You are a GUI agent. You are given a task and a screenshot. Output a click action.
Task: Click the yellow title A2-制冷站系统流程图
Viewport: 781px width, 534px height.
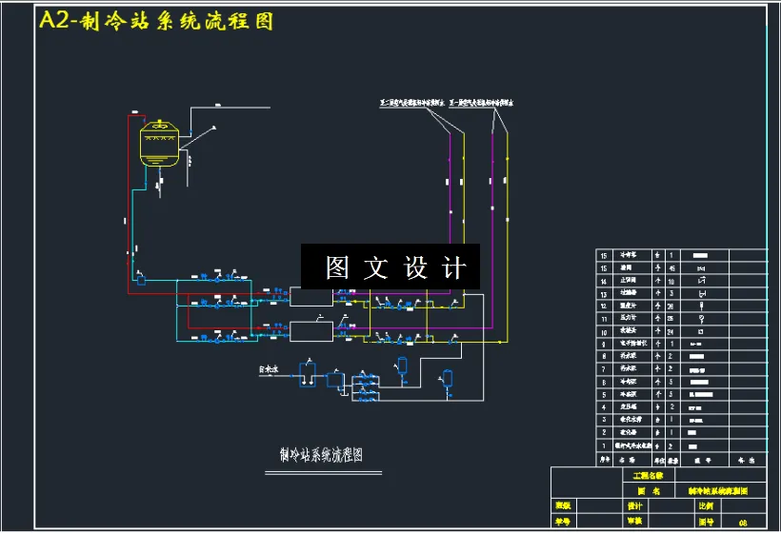tap(155, 22)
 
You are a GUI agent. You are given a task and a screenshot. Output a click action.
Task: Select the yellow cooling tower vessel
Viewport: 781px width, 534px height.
tap(159, 144)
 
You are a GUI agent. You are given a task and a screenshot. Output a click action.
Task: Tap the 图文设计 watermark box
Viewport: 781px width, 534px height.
tap(390, 267)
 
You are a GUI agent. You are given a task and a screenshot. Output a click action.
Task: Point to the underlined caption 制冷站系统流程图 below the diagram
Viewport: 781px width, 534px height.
tap(321, 455)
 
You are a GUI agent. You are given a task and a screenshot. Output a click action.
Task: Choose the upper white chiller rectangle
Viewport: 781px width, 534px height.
tap(310, 297)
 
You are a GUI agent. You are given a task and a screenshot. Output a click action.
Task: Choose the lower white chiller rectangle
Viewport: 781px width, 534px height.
tap(310, 331)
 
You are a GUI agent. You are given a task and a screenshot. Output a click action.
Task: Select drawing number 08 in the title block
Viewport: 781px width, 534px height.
tap(742, 523)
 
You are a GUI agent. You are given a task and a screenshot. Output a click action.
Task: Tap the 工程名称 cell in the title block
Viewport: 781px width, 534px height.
tap(648, 475)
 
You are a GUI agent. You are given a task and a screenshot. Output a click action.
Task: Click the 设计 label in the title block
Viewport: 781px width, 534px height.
tap(635, 506)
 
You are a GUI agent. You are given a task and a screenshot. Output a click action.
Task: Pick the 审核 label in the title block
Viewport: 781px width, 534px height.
tap(635, 522)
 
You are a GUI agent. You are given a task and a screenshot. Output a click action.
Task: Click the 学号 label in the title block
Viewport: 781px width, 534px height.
tap(563, 522)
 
